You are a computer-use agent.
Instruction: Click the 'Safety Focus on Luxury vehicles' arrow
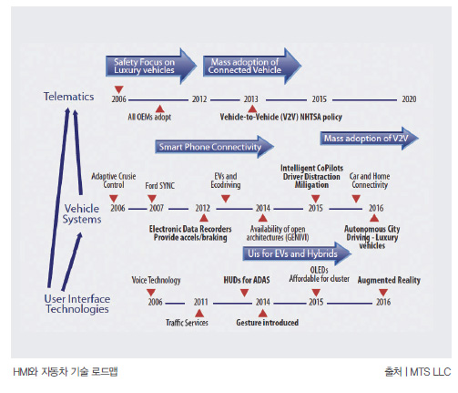point(151,66)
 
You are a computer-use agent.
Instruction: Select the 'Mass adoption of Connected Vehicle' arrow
point(252,66)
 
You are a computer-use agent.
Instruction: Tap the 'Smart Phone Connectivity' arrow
point(214,147)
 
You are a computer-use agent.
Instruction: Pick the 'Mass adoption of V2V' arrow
point(369,139)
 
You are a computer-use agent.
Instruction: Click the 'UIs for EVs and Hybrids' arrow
point(297,253)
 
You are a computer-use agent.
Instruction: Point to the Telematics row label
point(68,97)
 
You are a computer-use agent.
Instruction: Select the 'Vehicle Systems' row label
point(82,213)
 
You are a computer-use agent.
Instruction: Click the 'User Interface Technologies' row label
point(77,304)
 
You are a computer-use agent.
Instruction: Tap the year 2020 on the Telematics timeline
point(409,99)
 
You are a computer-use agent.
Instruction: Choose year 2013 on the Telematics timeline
point(250,99)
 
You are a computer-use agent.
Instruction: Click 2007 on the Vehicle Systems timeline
point(156,208)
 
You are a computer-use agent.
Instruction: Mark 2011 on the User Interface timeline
point(200,302)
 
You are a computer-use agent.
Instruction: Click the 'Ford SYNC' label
point(159,185)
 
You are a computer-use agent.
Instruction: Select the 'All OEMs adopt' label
point(149,117)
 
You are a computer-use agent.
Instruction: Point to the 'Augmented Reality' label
point(389,280)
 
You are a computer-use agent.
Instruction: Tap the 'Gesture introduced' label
point(267,323)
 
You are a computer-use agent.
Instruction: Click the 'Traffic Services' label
point(187,323)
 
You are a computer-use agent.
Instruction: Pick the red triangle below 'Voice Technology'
point(151,293)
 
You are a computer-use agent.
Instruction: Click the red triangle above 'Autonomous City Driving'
point(374,218)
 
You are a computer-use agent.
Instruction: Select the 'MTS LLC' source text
point(430,372)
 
